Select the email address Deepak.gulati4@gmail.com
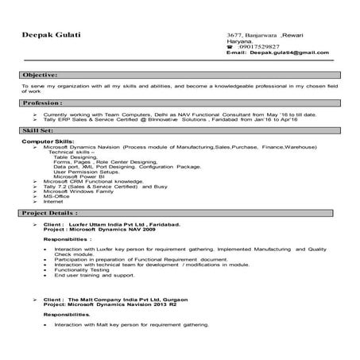pos(288,52)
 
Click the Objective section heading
pos(41,73)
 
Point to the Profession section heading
pos(43,103)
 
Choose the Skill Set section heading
pos(39,129)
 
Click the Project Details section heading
pos(50,214)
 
